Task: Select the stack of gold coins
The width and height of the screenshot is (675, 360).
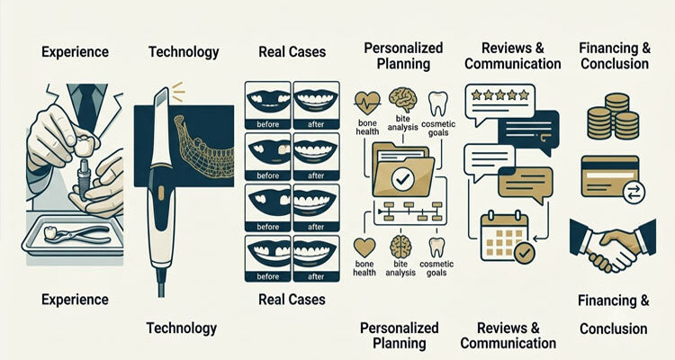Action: [613, 116]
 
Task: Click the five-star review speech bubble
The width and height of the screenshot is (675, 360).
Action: [499, 103]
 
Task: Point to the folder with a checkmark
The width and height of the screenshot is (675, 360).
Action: [402, 171]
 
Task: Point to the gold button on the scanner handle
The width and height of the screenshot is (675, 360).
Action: [161, 193]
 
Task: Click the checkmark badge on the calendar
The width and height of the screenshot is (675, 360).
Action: [525, 253]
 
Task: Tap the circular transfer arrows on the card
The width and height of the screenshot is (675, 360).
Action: [634, 192]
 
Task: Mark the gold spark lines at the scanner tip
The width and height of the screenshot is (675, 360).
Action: [177, 91]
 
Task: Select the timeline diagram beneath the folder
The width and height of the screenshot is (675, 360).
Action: [403, 211]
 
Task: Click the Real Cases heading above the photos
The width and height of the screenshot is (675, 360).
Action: [292, 51]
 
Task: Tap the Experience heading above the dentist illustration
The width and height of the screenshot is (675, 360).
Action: [75, 52]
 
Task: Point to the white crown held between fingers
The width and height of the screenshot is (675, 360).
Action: [85, 148]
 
